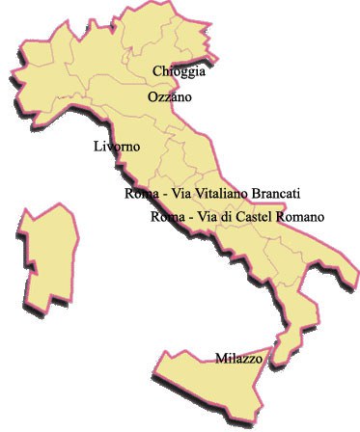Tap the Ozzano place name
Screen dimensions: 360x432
tap(170, 97)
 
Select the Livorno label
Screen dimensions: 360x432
tap(118, 147)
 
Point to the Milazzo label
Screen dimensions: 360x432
tap(238, 359)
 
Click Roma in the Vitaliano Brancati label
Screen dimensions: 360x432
tap(140, 194)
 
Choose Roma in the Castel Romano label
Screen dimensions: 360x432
tap(167, 217)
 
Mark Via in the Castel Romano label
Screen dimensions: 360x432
tap(207, 217)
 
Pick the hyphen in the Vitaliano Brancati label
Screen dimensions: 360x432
tap(162, 195)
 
